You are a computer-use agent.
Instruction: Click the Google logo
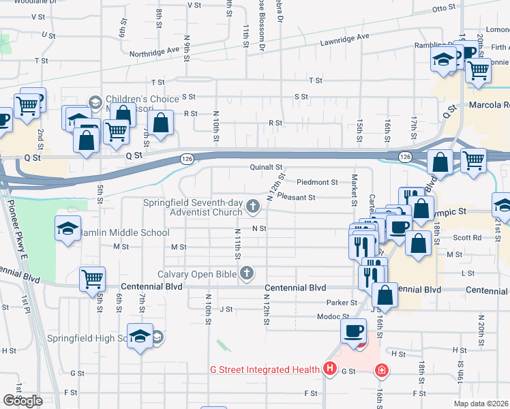point(22,401)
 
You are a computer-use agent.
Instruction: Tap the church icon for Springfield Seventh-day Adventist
point(253,206)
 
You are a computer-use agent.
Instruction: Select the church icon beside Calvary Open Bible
point(247,274)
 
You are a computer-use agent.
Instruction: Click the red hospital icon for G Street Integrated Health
point(330,369)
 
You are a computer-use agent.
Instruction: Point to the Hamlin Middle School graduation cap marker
point(67,230)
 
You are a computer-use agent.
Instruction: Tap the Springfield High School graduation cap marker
point(140,336)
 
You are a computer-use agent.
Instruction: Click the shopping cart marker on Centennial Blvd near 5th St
point(92,278)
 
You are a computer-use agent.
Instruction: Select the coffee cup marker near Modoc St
point(353,331)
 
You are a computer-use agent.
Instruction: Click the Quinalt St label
point(266,166)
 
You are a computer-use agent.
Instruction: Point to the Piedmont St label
point(318,182)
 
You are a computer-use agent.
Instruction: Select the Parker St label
point(342,302)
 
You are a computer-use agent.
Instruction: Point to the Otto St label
point(443,9)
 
